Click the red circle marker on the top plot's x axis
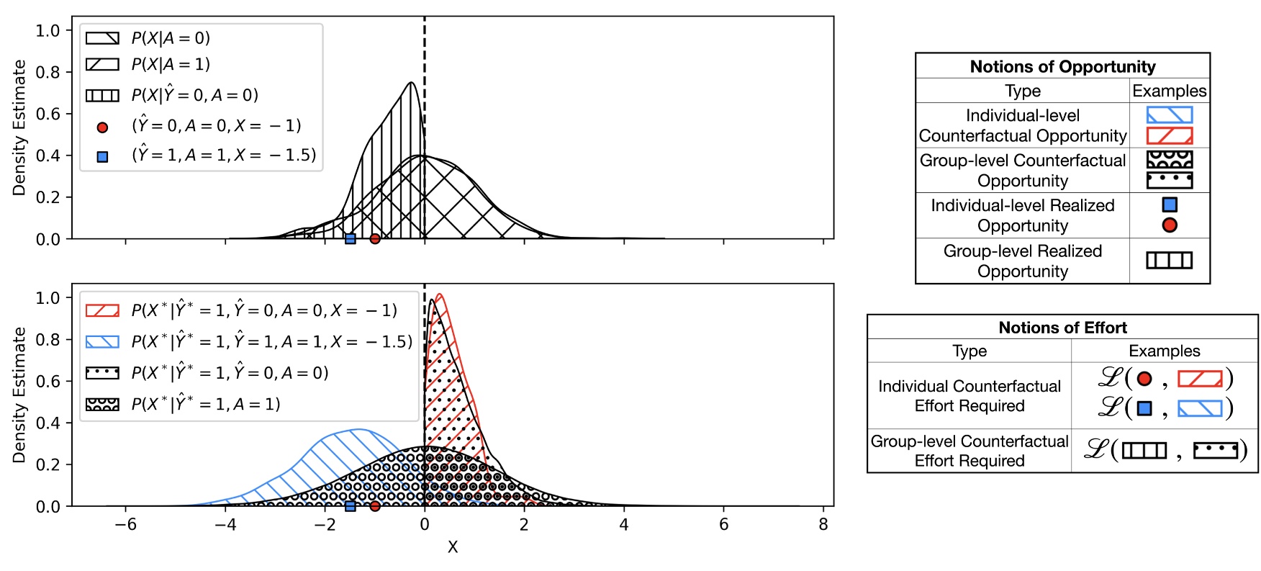click(374, 239)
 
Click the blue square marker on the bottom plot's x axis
click(350, 506)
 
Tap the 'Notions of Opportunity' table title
click(1062, 66)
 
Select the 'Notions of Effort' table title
click(1062, 328)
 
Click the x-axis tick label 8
click(823, 525)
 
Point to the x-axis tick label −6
click(125, 525)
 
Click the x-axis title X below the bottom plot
click(452, 547)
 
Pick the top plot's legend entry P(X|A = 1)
click(171, 64)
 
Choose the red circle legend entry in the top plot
click(102, 127)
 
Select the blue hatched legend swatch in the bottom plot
click(102, 341)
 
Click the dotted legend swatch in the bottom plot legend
click(102, 373)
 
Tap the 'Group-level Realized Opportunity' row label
click(1022, 261)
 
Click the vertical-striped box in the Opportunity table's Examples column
click(1169, 260)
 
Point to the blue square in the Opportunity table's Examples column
click(1170, 204)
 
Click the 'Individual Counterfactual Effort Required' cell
click(969, 395)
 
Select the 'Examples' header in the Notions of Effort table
click(1164, 351)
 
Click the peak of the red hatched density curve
click(440, 295)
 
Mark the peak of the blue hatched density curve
click(356, 430)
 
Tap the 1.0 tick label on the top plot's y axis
click(48, 30)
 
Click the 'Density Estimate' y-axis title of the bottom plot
click(19, 395)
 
